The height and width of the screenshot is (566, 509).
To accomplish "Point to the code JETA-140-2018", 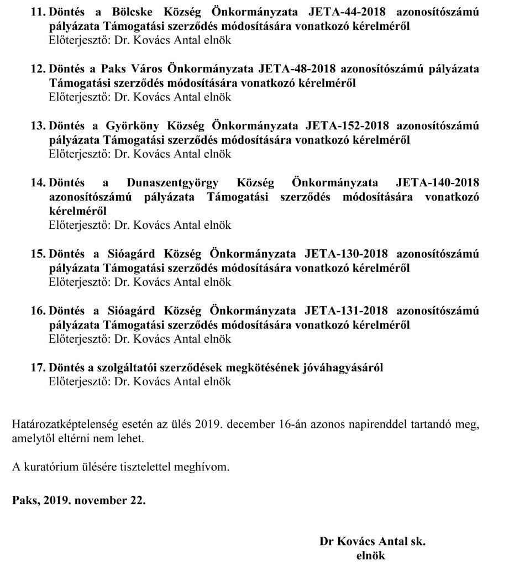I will (434, 184).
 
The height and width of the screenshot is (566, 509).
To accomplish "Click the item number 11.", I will (38, 12).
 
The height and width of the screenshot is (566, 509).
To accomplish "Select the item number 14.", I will (38, 184).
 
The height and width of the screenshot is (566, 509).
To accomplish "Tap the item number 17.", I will (38, 368).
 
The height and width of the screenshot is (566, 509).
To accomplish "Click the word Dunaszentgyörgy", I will (173, 184).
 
